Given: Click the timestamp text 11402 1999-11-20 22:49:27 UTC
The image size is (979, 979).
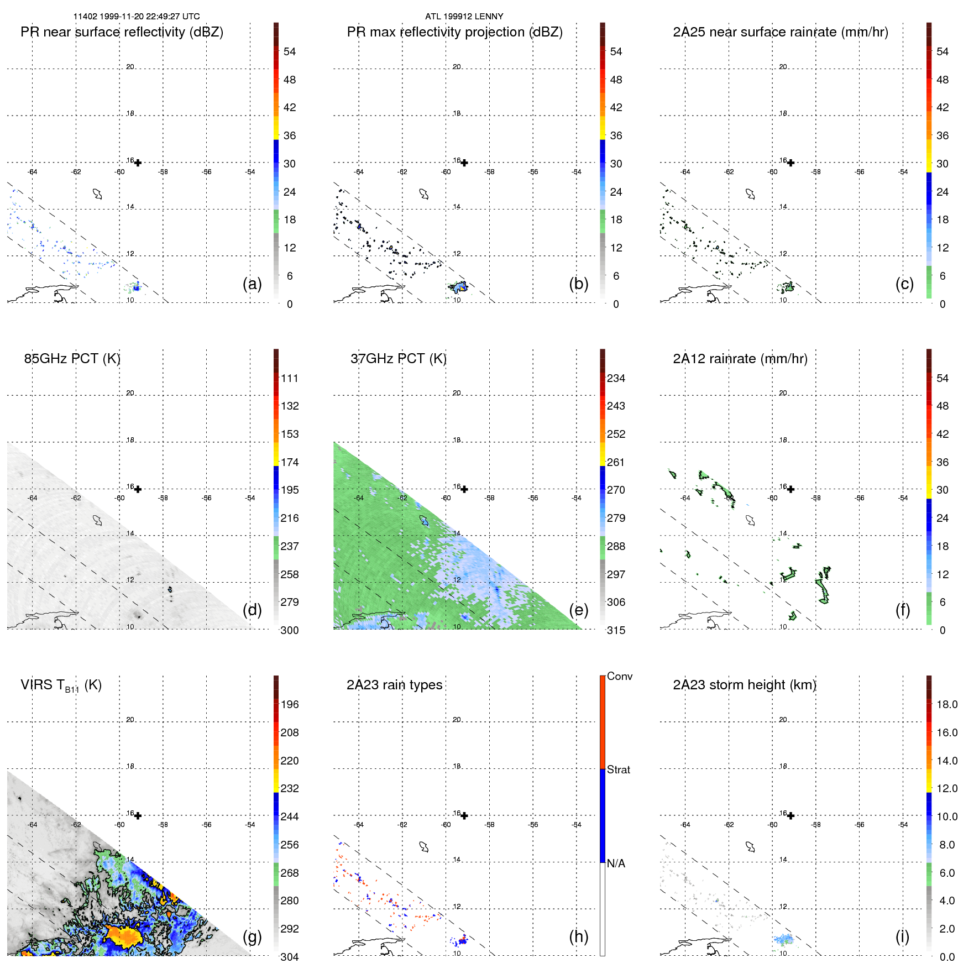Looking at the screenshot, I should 137,17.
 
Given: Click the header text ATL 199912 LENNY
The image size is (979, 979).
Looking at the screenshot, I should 464,17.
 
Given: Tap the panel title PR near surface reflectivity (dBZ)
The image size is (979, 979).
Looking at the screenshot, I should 122,32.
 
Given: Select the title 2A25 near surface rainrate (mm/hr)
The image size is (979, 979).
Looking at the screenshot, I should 780,32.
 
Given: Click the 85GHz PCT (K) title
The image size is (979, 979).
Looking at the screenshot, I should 72,359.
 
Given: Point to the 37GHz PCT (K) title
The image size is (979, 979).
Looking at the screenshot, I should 398,359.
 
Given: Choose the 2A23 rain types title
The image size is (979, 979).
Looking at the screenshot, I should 394,685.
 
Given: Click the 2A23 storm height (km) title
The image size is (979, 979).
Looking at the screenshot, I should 744,685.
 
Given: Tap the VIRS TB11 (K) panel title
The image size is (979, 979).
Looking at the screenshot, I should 61,685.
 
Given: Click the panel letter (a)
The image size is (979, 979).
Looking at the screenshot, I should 252,284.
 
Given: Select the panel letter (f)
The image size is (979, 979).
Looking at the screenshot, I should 903,610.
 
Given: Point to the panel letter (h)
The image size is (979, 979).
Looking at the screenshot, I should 578,936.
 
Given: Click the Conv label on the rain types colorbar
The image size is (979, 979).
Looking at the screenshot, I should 619,676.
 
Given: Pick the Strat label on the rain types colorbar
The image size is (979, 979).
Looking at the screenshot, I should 618,769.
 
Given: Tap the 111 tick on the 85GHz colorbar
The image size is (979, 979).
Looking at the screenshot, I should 289,378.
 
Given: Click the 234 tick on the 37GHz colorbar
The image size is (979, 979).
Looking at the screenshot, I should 616,378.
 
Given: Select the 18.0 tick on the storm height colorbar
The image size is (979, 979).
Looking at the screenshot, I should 946,704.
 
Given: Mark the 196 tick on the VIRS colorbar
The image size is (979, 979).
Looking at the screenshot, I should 289,704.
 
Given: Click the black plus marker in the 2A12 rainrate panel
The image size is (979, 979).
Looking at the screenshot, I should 790,489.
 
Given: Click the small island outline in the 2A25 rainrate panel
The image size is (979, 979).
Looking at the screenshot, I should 750,194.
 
